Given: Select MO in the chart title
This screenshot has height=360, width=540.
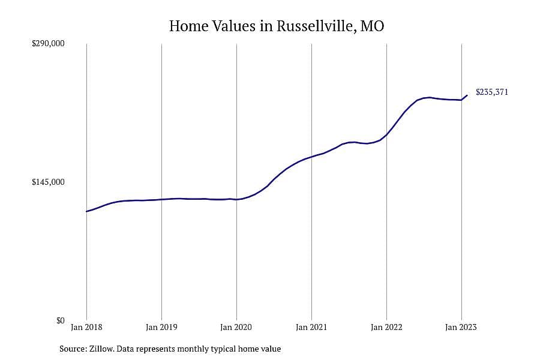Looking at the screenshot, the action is coord(372,26).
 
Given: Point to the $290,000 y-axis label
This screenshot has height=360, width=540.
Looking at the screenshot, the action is coord(48,43).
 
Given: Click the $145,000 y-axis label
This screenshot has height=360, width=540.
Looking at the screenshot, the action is coord(48,182).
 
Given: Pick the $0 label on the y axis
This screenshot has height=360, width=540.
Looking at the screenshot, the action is coord(60,320).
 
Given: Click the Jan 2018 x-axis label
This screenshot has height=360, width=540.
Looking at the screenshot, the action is coord(86,327).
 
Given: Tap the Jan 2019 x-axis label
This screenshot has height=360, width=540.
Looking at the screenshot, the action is coord(161,327).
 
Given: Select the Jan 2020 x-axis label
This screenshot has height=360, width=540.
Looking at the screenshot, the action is coord(236,327).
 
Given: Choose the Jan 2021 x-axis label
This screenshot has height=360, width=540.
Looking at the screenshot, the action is coord(311,327).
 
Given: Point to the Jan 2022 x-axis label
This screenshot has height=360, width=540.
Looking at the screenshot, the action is coord(386,327).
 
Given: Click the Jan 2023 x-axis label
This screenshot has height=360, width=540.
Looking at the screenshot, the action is coord(461,327).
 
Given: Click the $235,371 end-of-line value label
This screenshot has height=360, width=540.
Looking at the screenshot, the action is coord(492,92).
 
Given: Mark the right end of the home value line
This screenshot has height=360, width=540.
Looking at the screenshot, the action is coord(467,95).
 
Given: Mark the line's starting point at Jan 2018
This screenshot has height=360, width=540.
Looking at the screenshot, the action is coord(86,211).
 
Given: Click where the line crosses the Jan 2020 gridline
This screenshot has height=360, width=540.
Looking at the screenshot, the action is coord(236,199).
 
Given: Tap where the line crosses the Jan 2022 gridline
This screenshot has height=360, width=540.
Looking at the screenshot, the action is coord(386,134).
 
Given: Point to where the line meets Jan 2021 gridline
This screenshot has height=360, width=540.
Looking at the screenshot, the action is coord(311,157).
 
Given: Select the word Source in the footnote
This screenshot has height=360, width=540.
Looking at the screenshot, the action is coord(73,349).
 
